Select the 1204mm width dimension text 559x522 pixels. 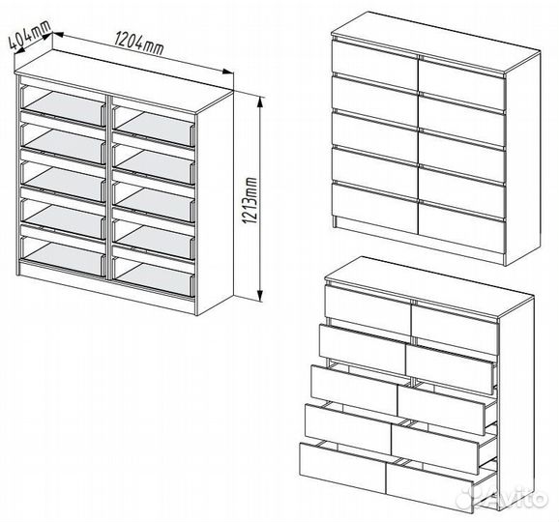[139, 43]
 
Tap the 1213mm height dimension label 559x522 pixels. [250, 200]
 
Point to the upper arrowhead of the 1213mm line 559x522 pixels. [260, 102]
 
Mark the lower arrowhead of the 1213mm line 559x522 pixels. [260, 296]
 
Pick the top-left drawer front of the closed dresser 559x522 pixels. [374, 65]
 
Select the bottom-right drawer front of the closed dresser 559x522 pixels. [462, 226]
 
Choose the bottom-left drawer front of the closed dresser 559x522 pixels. [374, 208]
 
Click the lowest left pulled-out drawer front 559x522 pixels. [342, 467]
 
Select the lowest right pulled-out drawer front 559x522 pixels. [429, 487]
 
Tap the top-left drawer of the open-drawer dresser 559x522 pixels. [368, 310]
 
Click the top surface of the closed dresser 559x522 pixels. [435, 42]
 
